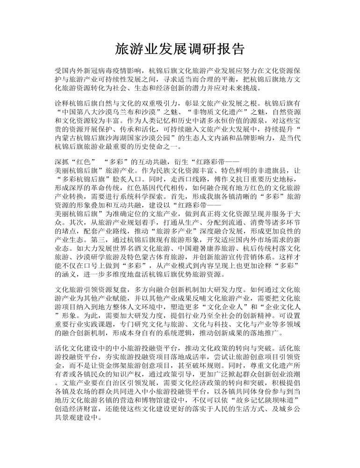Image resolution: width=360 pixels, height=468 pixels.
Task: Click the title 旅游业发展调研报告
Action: coord(180,49)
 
